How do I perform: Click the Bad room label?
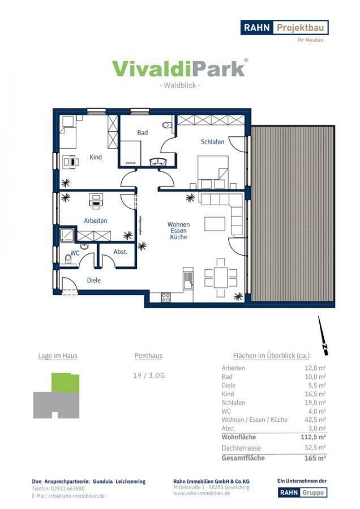pos(142,132)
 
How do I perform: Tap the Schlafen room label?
pos(212,142)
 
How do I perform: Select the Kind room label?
pos(96,157)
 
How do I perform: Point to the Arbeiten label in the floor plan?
pos(96,221)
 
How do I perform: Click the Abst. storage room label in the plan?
pos(120,252)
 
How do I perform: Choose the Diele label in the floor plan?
pos(93,280)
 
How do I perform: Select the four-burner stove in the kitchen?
pos(166,297)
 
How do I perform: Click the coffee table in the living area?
pos(215,223)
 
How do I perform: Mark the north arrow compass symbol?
pos(323,335)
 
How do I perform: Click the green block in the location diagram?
pos(65,383)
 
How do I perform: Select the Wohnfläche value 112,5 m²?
pos(313,437)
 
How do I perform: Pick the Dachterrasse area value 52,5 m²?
pos(315,448)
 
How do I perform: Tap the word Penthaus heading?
pos(148,356)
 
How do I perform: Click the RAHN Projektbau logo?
pos(284,28)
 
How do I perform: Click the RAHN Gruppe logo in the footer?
pos(302,493)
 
